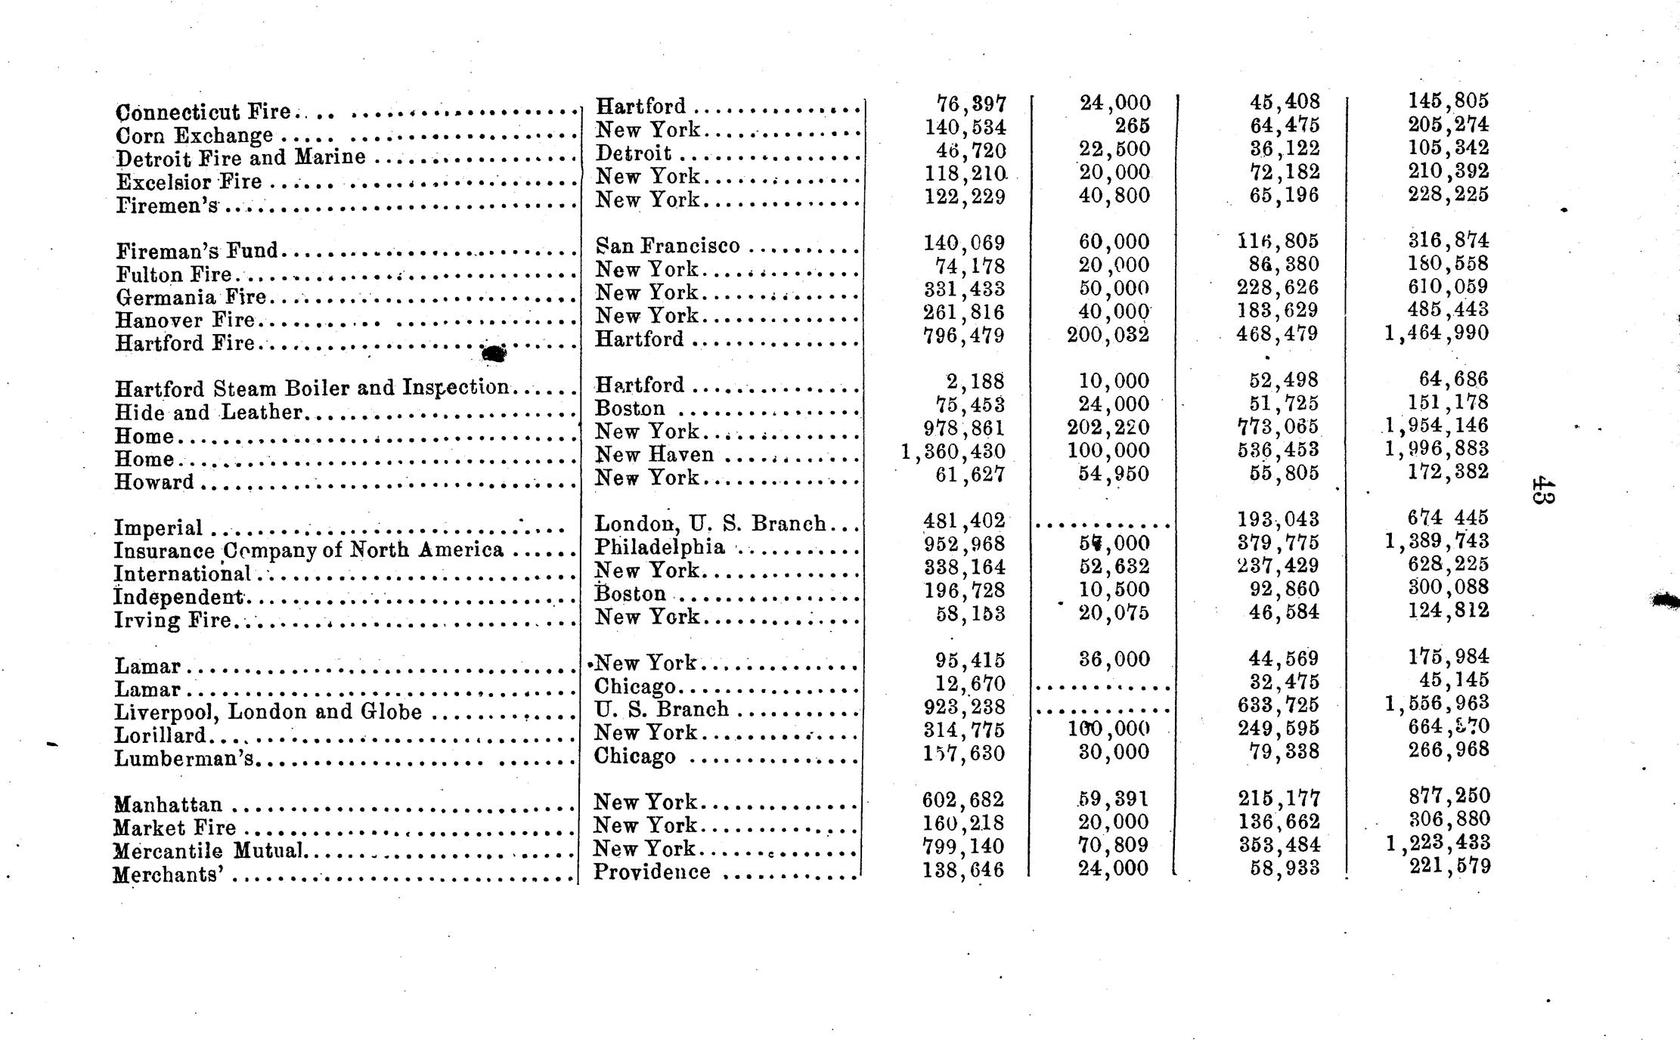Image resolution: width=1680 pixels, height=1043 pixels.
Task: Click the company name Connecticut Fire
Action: tap(203, 112)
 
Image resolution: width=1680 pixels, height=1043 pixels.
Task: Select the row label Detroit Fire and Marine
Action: tap(240, 158)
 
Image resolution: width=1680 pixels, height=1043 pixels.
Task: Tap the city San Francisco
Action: tap(668, 246)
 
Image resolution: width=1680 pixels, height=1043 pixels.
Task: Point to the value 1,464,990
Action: tap(1436, 333)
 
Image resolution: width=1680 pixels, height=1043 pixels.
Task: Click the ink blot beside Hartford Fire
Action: tap(494, 352)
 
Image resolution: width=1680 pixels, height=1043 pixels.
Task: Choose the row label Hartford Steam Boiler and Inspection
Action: tap(312, 388)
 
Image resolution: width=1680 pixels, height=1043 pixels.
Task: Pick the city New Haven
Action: tap(654, 454)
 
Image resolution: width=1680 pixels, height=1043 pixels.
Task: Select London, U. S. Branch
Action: tap(710, 524)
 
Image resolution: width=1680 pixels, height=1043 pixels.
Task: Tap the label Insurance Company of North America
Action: tap(308, 550)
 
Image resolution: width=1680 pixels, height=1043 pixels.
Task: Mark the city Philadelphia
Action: tap(659, 546)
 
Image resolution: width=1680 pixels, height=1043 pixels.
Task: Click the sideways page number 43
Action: tap(1542, 490)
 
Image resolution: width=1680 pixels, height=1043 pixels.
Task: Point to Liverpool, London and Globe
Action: tap(268, 712)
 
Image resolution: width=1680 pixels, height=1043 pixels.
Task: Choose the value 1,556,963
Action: tap(1436, 704)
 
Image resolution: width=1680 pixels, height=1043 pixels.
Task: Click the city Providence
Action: tap(652, 872)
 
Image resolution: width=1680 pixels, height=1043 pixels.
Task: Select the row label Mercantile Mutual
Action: tap(209, 851)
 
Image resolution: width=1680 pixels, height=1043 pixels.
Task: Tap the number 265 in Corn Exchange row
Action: tap(1132, 125)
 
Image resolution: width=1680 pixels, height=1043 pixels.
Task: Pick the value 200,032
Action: tap(1108, 334)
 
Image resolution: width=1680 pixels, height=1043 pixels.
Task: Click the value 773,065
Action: tap(1276, 427)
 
